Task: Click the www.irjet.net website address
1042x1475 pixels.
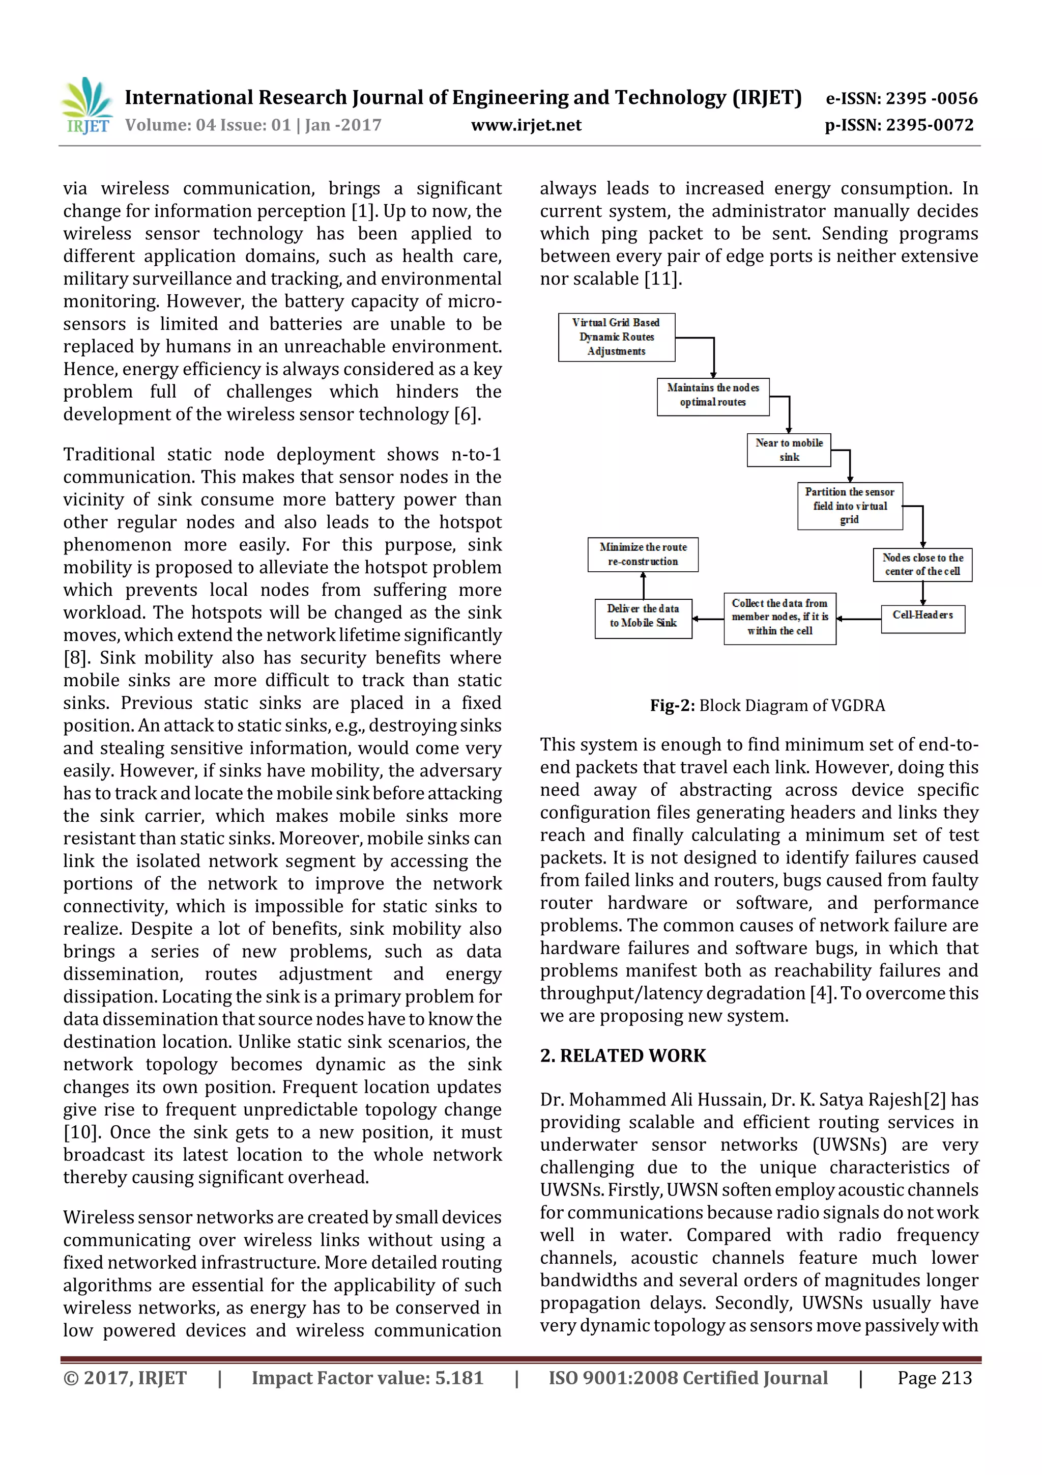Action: (x=526, y=125)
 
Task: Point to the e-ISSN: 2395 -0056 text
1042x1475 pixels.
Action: (x=902, y=98)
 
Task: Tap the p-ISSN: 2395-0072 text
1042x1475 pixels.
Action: (x=899, y=125)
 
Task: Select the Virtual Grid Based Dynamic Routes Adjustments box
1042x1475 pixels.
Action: (x=616, y=337)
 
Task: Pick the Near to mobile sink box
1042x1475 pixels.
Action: (x=789, y=450)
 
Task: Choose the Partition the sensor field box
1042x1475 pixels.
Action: (x=849, y=506)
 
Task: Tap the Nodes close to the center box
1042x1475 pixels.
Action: (x=922, y=565)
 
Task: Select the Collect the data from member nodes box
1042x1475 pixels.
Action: (x=779, y=618)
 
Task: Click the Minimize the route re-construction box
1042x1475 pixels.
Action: (x=643, y=554)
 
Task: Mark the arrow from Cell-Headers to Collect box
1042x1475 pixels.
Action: (x=858, y=619)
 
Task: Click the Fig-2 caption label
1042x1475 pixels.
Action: (x=672, y=705)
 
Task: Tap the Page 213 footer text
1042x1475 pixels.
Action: (x=934, y=1378)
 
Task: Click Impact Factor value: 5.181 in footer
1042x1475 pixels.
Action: (x=367, y=1378)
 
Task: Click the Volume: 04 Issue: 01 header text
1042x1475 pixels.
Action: (x=253, y=125)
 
